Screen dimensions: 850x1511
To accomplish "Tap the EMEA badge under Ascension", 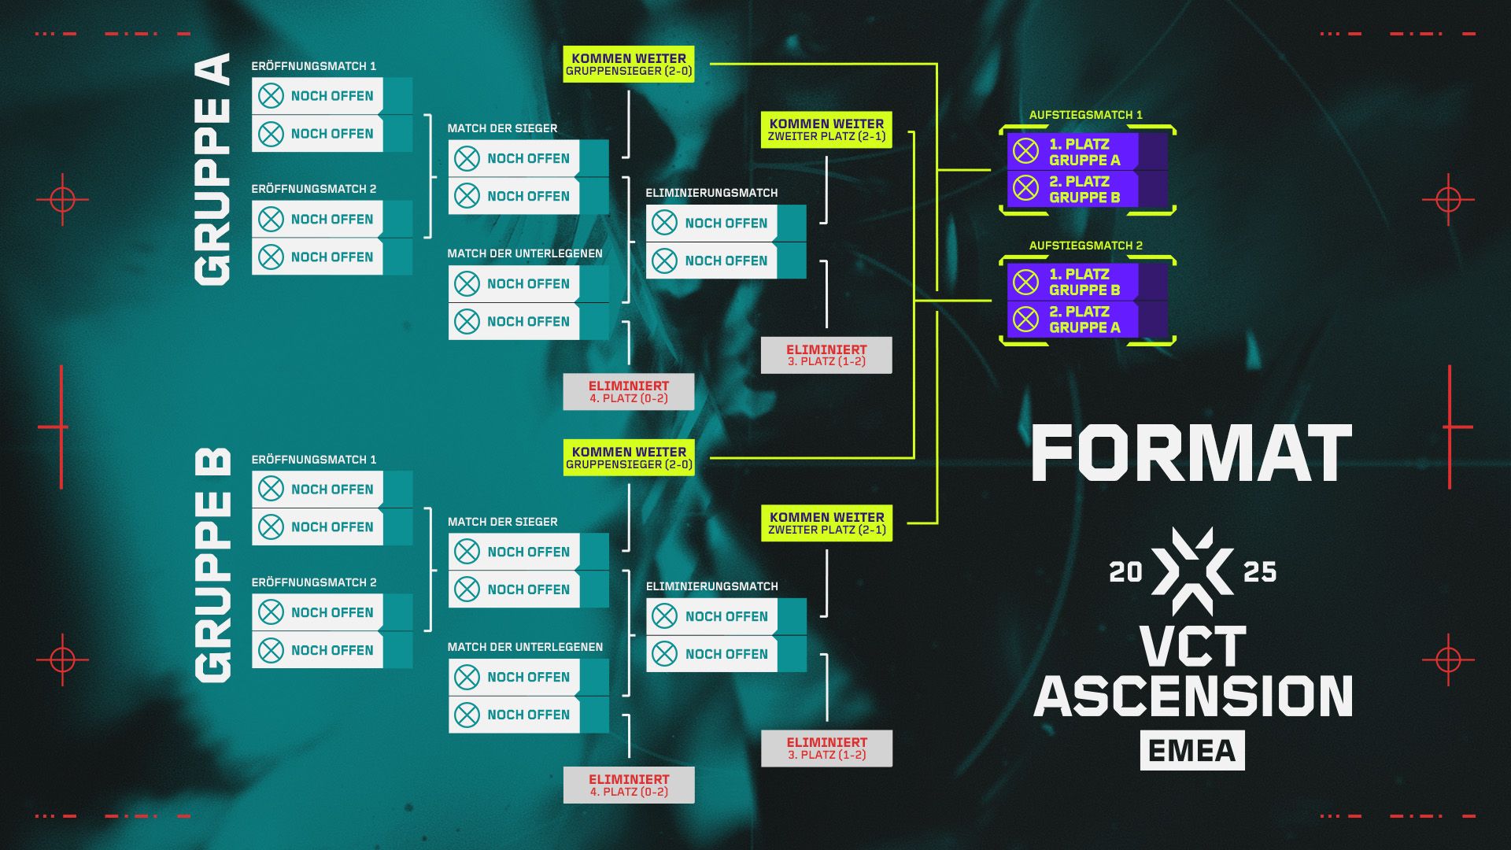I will (x=1192, y=751).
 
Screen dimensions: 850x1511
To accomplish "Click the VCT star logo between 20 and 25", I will (x=1192, y=571).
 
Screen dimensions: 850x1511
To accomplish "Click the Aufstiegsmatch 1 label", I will (x=1085, y=115).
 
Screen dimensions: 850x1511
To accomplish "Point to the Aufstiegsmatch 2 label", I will (x=1085, y=246).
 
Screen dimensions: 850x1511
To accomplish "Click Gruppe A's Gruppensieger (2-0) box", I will (x=629, y=65).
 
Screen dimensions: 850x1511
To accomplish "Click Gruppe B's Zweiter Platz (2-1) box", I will (x=826, y=523).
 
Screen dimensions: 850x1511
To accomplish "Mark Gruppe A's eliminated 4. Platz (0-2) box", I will (x=629, y=392).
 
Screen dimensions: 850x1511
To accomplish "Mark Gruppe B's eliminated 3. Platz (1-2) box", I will (x=826, y=748).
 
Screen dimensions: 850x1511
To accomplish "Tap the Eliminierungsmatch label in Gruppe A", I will (x=711, y=193).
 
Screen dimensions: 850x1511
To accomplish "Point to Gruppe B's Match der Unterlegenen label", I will (x=525, y=647).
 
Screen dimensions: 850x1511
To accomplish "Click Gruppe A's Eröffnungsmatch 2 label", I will (x=314, y=189).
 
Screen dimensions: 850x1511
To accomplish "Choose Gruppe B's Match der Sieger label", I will (x=502, y=522).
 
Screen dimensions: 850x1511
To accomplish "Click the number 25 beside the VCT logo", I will (x=1259, y=572).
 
